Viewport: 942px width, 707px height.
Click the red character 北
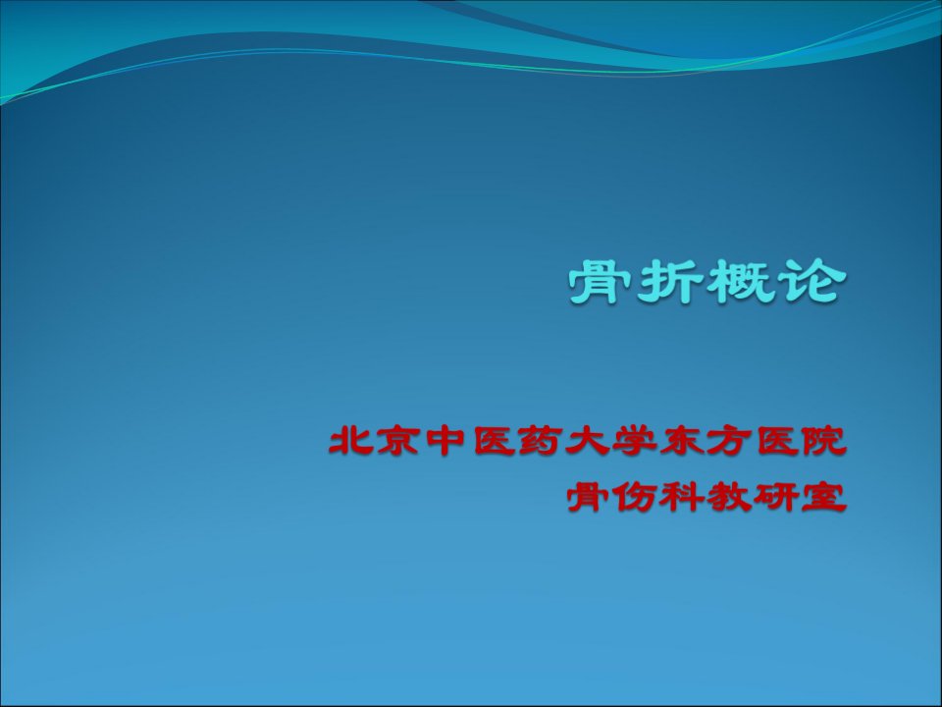[x=347, y=441]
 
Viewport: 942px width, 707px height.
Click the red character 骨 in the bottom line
[x=586, y=497]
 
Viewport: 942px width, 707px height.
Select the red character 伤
[x=633, y=497]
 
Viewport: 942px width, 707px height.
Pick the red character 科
[x=680, y=497]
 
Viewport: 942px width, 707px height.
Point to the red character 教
[x=727, y=497]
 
